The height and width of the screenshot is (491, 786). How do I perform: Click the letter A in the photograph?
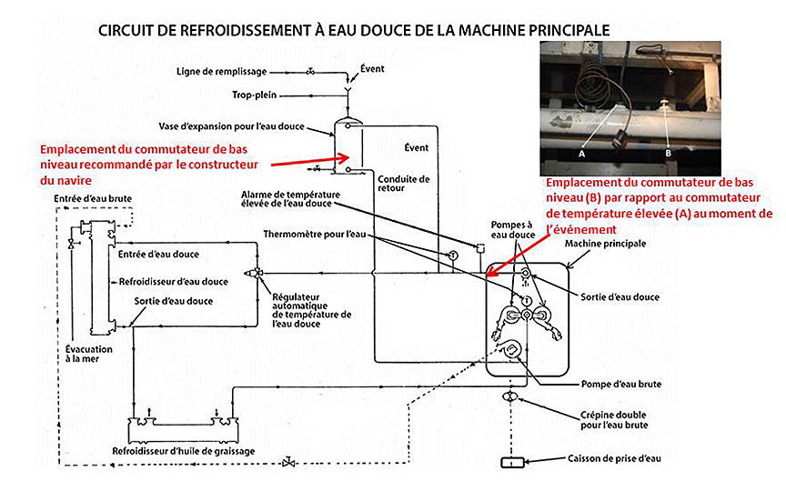(x=580, y=154)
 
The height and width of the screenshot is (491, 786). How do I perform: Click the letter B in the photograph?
(x=668, y=154)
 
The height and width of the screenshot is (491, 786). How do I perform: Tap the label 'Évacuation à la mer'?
(x=88, y=354)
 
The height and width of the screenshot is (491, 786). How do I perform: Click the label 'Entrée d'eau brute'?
(x=91, y=197)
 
